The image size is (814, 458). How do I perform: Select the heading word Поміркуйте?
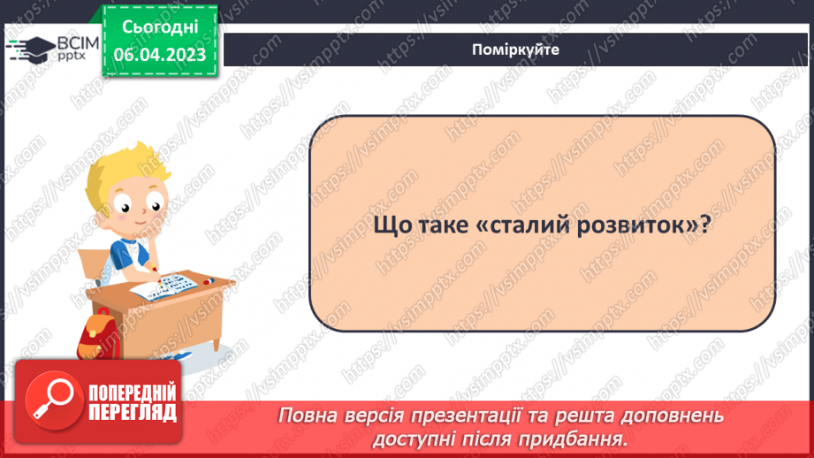pyautogui.click(x=515, y=50)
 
